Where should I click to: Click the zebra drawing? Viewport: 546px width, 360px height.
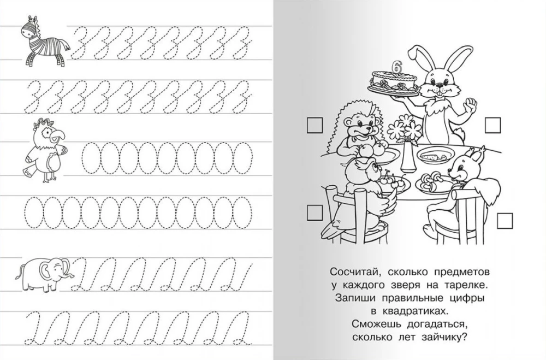tap(44, 40)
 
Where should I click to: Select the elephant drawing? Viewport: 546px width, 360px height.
tap(44, 274)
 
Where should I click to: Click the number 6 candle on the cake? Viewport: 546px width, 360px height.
tap(395, 67)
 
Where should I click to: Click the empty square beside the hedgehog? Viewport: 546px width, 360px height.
tap(315, 125)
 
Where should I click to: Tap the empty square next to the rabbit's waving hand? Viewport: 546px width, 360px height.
tap(492, 125)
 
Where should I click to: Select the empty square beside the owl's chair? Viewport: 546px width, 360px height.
tap(314, 213)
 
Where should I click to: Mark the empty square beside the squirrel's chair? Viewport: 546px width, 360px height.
tap(505, 221)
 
